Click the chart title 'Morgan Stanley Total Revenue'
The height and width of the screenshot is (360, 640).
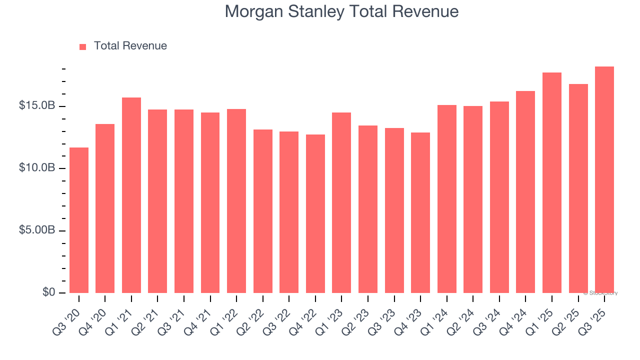[341, 11]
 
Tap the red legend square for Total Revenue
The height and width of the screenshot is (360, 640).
[83, 46]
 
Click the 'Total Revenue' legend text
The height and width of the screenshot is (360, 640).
[130, 46]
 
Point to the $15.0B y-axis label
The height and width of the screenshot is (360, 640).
[37, 106]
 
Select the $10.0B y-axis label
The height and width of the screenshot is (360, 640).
[37, 168]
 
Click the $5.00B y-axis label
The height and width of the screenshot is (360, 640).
[37, 230]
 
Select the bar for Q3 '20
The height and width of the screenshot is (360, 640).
[79, 220]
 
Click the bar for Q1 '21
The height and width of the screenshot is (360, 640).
[131, 195]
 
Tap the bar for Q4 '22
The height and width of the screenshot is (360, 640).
[315, 213]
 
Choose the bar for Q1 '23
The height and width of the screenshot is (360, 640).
[341, 202]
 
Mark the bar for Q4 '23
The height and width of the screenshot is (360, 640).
[420, 212]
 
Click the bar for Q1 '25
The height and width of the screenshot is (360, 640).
[552, 182]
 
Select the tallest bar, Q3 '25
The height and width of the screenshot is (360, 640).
[604, 179]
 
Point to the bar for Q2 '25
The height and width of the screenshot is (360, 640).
[578, 188]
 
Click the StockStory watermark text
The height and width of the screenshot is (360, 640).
[600, 293]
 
